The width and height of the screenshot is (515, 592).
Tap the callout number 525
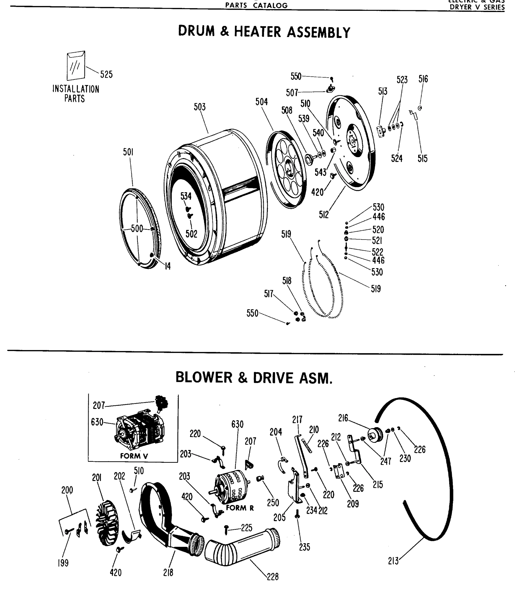(x=106, y=75)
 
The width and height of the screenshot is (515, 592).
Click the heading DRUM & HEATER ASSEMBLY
(x=264, y=32)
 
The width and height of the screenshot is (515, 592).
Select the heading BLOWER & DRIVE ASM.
(x=254, y=378)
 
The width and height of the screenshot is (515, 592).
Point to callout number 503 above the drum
(x=200, y=107)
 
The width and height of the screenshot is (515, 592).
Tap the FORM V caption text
(x=134, y=456)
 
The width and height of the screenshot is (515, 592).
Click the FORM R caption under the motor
(x=240, y=508)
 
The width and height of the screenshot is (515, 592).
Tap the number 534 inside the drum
(x=186, y=196)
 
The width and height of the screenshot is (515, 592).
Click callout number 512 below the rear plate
(x=324, y=215)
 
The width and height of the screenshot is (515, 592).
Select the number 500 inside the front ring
(x=137, y=228)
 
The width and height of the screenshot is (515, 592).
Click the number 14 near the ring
(x=167, y=266)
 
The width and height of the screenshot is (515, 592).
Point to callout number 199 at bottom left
(x=63, y=563)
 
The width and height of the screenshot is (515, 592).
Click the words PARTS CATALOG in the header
(x=256, y=5)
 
